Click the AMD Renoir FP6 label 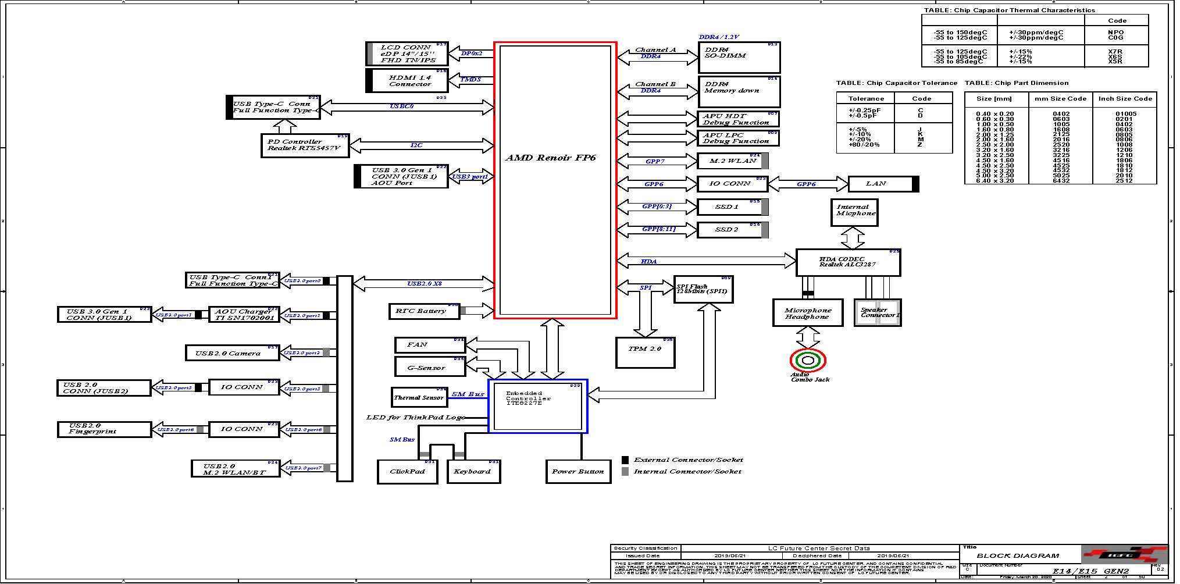point(550,158)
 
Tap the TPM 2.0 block point(645,352)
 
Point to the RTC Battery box point(420,311)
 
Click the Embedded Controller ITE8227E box point(537,406)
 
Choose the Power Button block point(578,471)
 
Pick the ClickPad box point(407,471)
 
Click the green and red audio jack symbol point(808,361)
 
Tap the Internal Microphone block point(854,212)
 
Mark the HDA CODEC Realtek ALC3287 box point(848,262)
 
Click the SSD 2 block point(729,230)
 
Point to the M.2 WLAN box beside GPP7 point(732,161)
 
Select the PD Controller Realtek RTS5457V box point(304,145)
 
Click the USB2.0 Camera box point(232,353)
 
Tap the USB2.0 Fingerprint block point(104,429)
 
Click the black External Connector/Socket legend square point(625,460)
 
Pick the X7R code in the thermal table point(1115,52)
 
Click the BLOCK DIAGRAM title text point(1017,555)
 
